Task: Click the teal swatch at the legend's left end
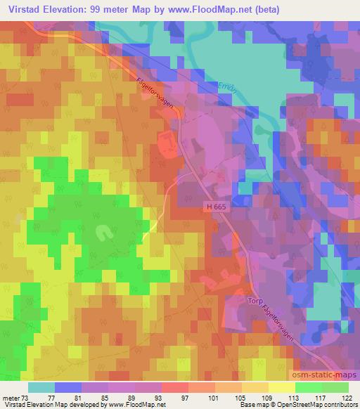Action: pyautogui.click(x=41, y=387)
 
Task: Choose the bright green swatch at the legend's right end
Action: pyautogui.click(x=335, y=387)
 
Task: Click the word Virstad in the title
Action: pyautogui.click(x=22, y=9)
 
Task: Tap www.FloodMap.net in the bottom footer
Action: pyautogui.click(x=134, y=405)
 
